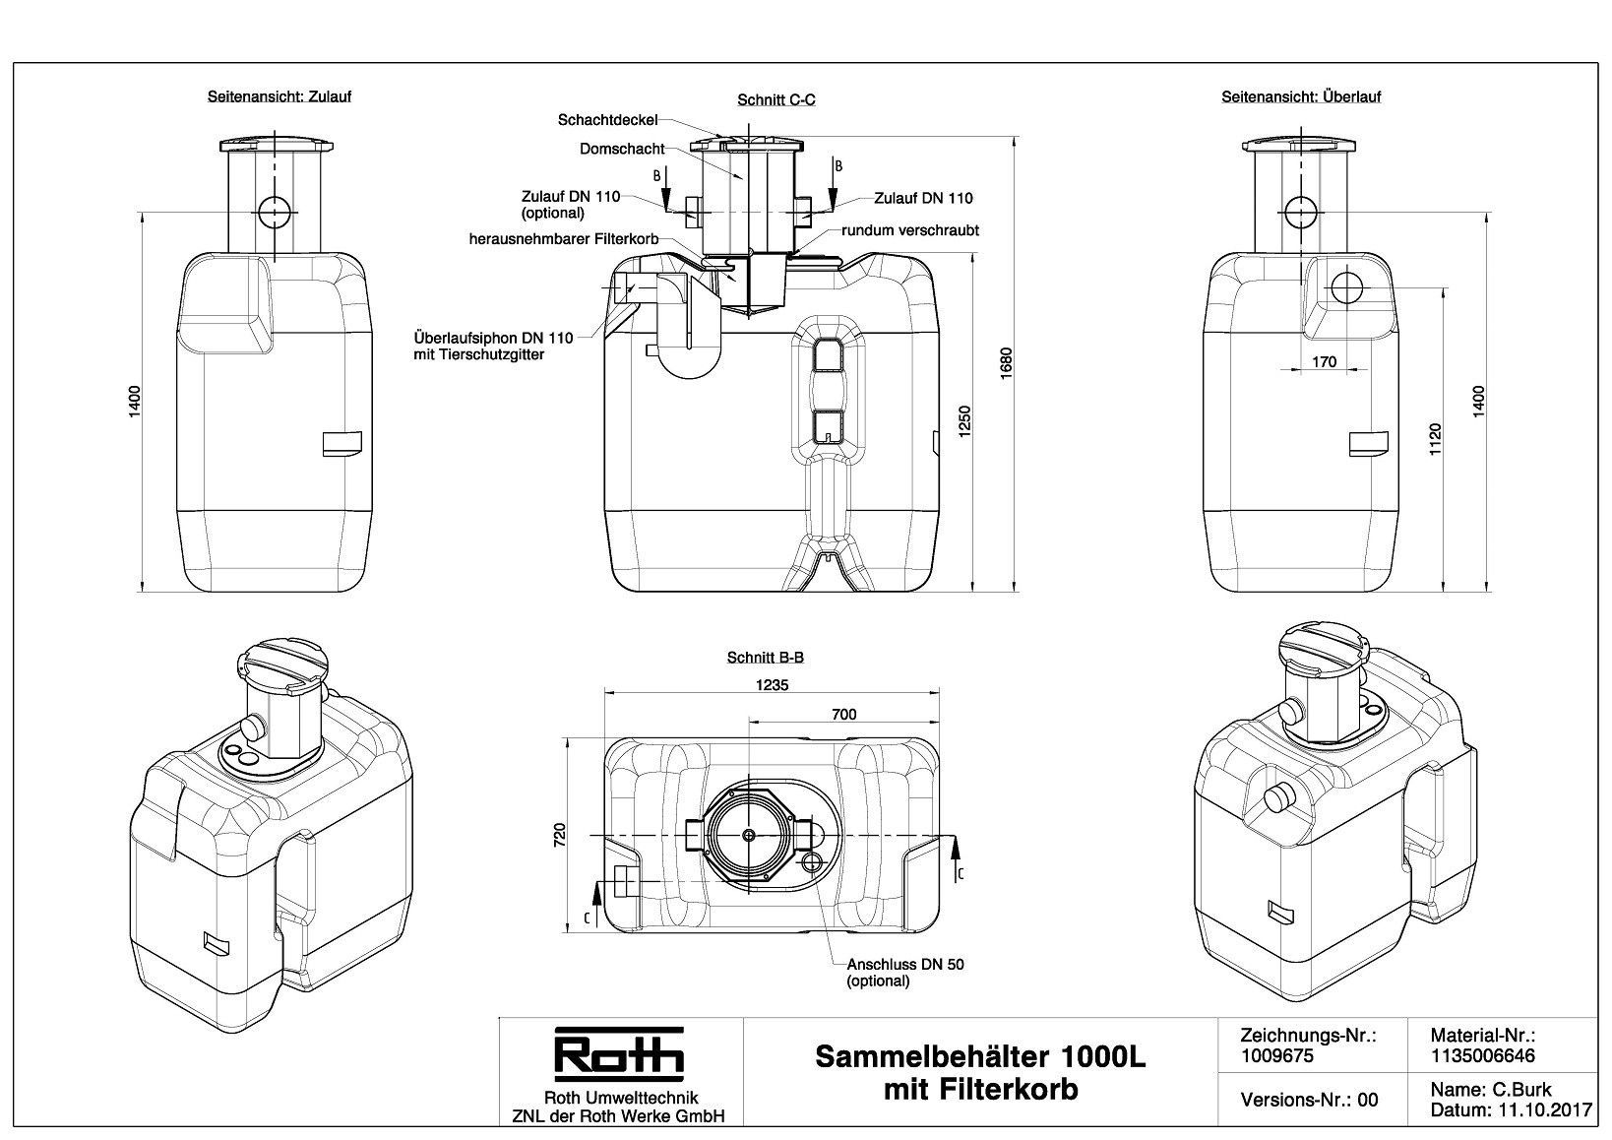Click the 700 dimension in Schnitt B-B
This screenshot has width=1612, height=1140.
point(843,715)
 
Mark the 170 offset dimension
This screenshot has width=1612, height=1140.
point(1324,362)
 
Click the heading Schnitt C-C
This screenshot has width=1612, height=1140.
point(776,100)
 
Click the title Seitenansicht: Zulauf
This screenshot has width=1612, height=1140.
point(279,97)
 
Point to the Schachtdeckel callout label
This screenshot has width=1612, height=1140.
point(607,120)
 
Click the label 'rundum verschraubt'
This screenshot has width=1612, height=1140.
point(910,230)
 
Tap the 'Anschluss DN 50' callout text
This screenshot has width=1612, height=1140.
point(905,965)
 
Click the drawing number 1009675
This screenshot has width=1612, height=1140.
point(1277,1055)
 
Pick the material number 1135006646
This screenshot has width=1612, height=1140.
point(1482,1055)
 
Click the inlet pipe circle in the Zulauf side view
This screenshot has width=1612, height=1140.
point(275,211)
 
